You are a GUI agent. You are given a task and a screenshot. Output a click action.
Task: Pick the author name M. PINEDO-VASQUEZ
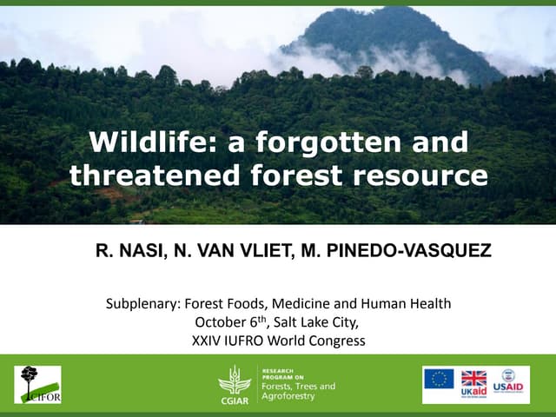coord(396,252)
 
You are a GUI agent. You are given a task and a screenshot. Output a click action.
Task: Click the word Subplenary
coord(143,304)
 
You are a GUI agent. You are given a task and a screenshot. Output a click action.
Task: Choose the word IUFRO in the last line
coord(256,341)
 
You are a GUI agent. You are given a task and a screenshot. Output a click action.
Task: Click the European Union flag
coord(439,379)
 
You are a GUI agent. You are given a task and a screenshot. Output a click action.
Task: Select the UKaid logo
coord(473,383)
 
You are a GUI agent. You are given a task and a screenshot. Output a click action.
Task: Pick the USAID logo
coord(510,383)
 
